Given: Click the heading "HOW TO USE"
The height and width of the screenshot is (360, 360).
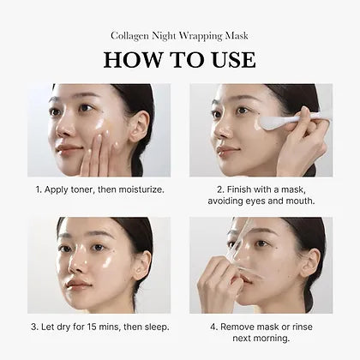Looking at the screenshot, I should click(x=179, y=59).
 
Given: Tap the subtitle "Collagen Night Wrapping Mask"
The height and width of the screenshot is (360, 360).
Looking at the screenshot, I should click(x=179, y=35).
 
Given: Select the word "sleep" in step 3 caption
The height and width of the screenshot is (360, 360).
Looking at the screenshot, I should click(x=152, y=326).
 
